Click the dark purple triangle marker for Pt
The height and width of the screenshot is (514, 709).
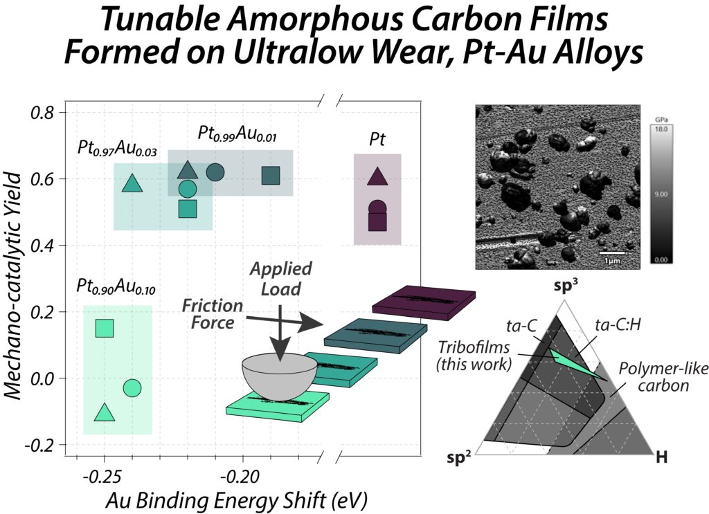click(x=377, y=177)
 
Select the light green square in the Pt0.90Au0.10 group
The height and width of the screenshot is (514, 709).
click(x=105, y=329)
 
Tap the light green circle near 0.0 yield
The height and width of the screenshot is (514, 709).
click(x=132, y=388)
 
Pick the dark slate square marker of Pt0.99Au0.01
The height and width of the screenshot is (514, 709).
click(x=271, y=176)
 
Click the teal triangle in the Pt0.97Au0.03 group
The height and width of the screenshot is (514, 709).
click(x=132, y=183)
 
